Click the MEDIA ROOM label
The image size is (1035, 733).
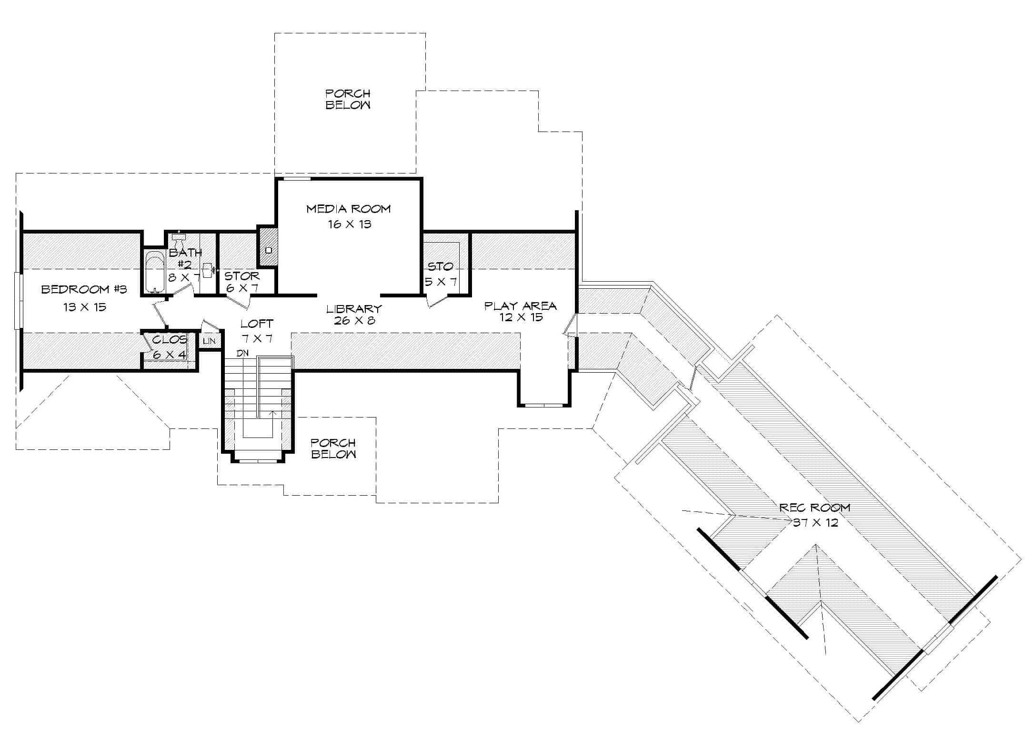(x=348, y=209)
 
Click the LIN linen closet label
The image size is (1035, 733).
(x=209, y=341)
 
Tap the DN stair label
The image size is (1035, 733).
(x=242, y=353)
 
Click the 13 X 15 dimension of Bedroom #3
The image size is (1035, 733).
(x=85, y=307)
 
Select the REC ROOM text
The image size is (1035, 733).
(x=814, y=508)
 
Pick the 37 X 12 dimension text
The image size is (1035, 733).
(x=815, y=523)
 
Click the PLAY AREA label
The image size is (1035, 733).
(x=520, y=305)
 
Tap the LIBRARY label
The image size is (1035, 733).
(x=354, y=309)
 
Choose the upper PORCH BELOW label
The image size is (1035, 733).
(x=348, y=99)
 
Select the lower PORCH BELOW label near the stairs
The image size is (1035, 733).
(x=333, y=448)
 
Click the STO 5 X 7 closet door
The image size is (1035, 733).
(x=437, y=301)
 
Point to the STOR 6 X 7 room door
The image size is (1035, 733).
(x=238, y=301)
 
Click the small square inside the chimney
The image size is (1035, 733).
(x=268, y=250)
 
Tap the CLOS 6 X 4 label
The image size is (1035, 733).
(x=170, y=340)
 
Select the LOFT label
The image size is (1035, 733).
(x=257, y=324)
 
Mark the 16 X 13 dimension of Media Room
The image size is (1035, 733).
(x=349, y=224)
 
